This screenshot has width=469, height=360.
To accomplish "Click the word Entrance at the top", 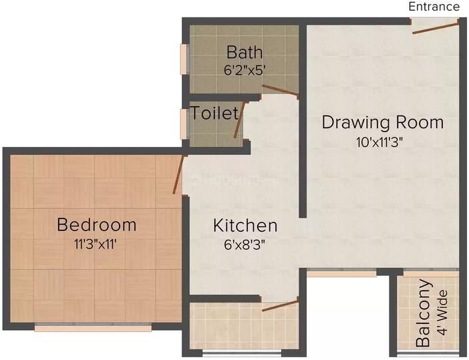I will (x=434, y=7).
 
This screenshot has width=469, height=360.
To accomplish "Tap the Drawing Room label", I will (x=382, y=123).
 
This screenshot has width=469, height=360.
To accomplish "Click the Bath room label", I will (x=244, y=52).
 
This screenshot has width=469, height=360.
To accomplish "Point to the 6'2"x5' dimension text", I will (x=244, y=67).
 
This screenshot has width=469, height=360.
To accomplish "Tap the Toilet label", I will (x=214, y=113).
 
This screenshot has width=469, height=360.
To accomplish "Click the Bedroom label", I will (x=96, y=224).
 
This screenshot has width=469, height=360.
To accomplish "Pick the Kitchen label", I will (x=245, y=225).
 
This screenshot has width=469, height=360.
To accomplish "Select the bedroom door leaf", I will (x=179, y=175).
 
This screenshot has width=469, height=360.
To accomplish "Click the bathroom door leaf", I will (x=280, y=92).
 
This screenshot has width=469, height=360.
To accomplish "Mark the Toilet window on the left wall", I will (x=184, y=124).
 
